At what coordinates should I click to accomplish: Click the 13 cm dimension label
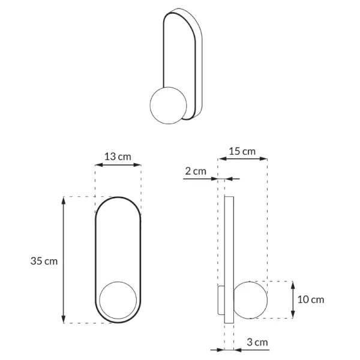tap(118, 157)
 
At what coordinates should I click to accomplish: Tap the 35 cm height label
tap(44, 261)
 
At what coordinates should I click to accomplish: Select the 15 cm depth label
tap(242, 151)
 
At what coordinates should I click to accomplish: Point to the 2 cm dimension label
tap(195, 171)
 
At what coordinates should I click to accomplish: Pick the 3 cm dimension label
tap(257, 343)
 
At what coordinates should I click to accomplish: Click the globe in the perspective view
tap(167, 106)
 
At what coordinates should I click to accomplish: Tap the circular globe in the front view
tap(118, 299)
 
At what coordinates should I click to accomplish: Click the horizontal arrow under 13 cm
tap(118, 164)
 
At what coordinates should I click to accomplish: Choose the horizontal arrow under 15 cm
tap(247, 159)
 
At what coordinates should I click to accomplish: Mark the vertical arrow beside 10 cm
tap(292, 299)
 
